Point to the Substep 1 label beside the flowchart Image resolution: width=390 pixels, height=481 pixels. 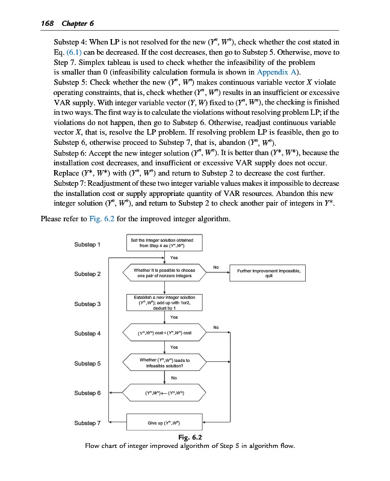(87, 245)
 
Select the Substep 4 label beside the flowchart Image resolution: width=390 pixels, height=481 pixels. (87, 333)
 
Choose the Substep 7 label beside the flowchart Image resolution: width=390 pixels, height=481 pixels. (87, 423)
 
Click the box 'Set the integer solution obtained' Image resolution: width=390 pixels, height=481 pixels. (166, 243)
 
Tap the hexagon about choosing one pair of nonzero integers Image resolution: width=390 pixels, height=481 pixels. (166, 274)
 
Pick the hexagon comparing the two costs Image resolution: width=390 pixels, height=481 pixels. (166, 333)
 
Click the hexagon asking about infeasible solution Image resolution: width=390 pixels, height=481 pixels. (166, 363)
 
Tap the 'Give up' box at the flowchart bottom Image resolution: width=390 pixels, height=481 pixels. (166, 423)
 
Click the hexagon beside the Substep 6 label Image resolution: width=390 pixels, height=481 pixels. (166, 393)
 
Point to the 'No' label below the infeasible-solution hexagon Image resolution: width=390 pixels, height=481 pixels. (174, 378)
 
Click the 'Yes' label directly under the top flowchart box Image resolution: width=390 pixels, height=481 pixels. (174, 257)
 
